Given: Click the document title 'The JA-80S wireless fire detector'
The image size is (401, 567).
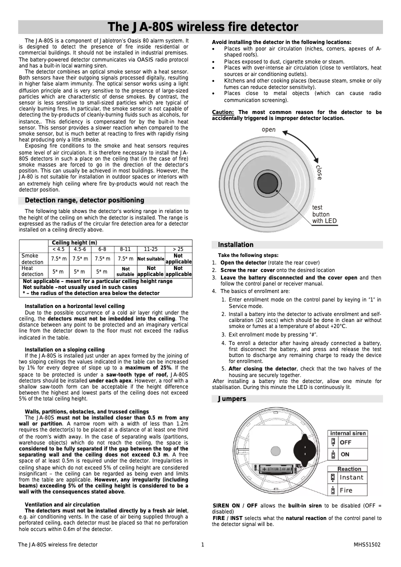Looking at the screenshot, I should point(203,27).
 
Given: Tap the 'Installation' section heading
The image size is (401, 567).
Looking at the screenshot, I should point(235,244).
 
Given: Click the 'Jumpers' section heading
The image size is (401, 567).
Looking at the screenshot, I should point(231,399).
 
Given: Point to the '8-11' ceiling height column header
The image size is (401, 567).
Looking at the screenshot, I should point(125,249).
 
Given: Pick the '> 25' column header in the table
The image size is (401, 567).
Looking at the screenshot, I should point(178,249).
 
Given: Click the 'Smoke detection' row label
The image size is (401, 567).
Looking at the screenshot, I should point(32,258).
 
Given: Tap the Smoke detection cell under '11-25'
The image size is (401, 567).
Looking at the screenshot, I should point(150,258).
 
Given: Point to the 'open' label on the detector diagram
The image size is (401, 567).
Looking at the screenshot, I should point(268,130).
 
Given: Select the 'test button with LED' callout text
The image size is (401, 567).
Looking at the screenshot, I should point(324,214).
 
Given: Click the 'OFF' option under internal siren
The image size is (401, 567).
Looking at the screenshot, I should point(345,442).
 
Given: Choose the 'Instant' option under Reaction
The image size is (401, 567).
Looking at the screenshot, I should point(351,477).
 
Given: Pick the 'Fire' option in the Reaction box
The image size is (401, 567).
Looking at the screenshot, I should point(346,490).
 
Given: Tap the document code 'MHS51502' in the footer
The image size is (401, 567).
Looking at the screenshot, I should point(367,544).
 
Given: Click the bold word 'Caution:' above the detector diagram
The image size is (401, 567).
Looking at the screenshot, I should point(223,112).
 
